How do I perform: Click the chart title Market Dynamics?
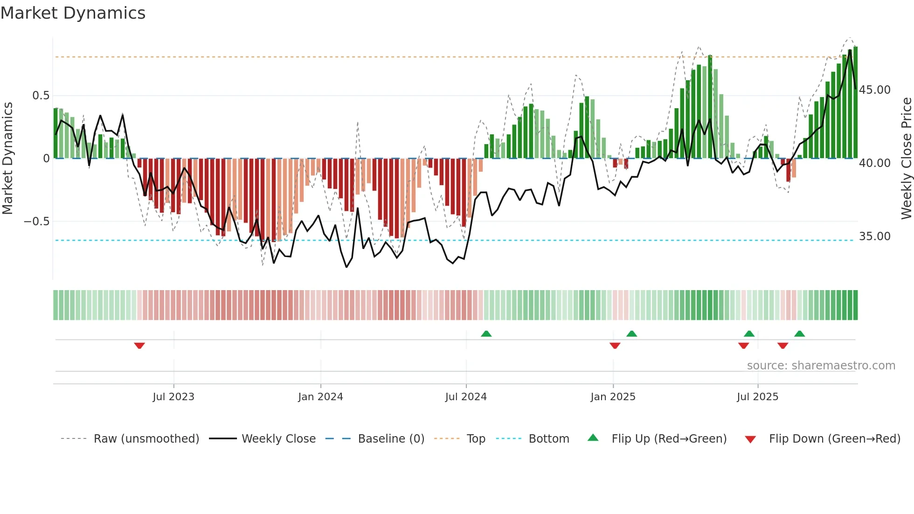point(73,13)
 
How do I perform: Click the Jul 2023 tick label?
point(173,397)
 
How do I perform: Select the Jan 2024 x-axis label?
point(320,397)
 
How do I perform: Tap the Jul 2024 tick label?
point(466,397)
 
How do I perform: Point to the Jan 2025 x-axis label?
point(613,397)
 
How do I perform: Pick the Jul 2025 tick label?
point(758,397)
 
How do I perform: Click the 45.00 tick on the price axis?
point(875,90)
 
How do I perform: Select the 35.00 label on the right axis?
point(875,236)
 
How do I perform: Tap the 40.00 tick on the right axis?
point(875,163)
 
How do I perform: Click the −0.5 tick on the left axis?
point(37,222)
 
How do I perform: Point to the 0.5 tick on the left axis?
point(41,96)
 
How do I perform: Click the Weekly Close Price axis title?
point(906,159)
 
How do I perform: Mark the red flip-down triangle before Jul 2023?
point(139,346)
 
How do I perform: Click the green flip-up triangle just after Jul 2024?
point(486,333)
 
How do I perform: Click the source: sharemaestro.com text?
point(821,366)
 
